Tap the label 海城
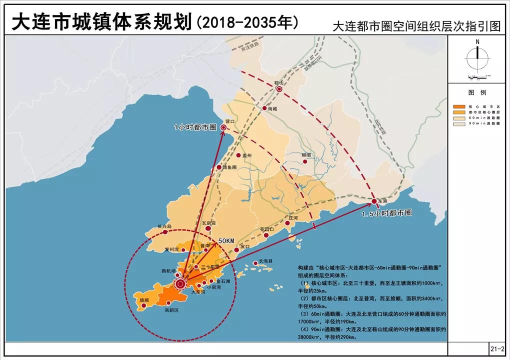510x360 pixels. [x=272, y=108]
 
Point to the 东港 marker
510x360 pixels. [x=374, y=201]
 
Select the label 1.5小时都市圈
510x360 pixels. [x=386, y=212]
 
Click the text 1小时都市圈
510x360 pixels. [x=195, y=127]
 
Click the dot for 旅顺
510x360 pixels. [x=144, y=305]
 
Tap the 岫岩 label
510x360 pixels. [x=306, y=155]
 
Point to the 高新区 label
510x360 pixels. [x=171, y=310]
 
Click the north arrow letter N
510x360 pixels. [x=477, y=42]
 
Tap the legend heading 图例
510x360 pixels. [x=477, y=93]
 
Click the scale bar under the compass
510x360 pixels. [x=477, y=77]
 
